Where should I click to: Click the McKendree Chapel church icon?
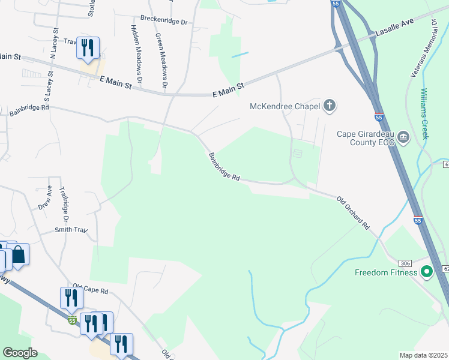329,107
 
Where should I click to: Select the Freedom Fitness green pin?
427,273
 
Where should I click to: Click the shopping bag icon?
19,254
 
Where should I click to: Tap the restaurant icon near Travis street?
88,48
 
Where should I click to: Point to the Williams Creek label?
425,114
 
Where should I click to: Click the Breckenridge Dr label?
164,20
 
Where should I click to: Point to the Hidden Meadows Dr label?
136,54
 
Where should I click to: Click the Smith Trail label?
71,229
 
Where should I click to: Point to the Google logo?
20,353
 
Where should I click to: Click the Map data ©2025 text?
423,355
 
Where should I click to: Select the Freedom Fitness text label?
386,273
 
